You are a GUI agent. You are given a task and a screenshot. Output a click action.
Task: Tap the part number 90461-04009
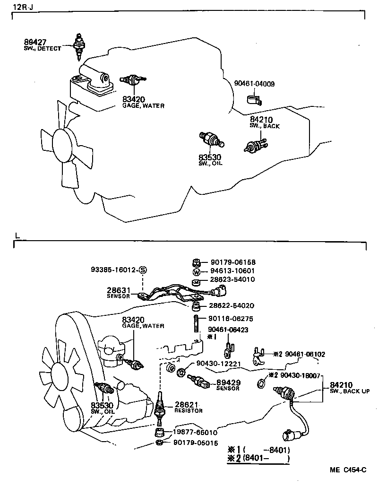click(254, 84)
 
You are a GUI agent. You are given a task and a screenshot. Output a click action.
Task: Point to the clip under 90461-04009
click(254, 100)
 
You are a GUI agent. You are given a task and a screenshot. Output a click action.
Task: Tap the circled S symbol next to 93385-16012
click(143, 270)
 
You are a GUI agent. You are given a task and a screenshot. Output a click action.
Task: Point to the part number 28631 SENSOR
click(116, 291)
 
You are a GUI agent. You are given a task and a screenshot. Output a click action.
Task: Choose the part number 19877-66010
click(194, 432)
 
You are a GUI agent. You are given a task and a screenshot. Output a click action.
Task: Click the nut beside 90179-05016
click(159, 443)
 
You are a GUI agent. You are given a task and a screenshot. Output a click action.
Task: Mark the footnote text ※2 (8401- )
click(258, 458)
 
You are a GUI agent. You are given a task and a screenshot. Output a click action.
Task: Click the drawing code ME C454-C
click(348, 470)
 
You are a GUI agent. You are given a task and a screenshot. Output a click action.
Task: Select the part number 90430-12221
click(213, 364)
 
